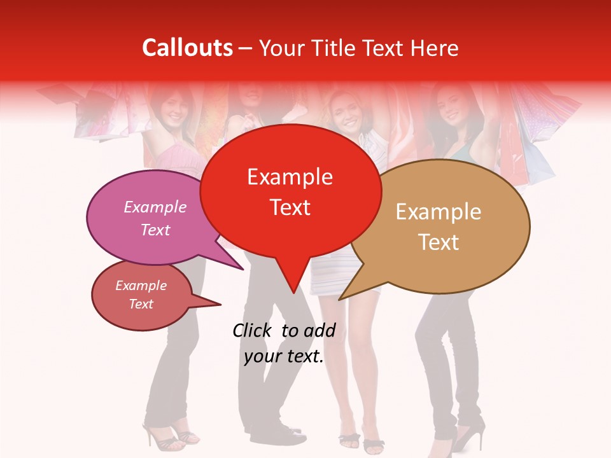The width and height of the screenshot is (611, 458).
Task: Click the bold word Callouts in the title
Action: (187, 48)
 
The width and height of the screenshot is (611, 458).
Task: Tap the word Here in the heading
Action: (434, 48)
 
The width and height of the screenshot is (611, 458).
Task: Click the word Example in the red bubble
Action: (290, 177)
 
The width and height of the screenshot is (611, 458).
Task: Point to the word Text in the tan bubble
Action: (439, 242)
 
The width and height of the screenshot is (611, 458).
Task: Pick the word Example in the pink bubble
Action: (155, 207)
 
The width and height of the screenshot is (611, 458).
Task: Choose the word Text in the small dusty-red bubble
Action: (141, 304)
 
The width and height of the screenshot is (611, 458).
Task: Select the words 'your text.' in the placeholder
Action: (284, 356)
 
